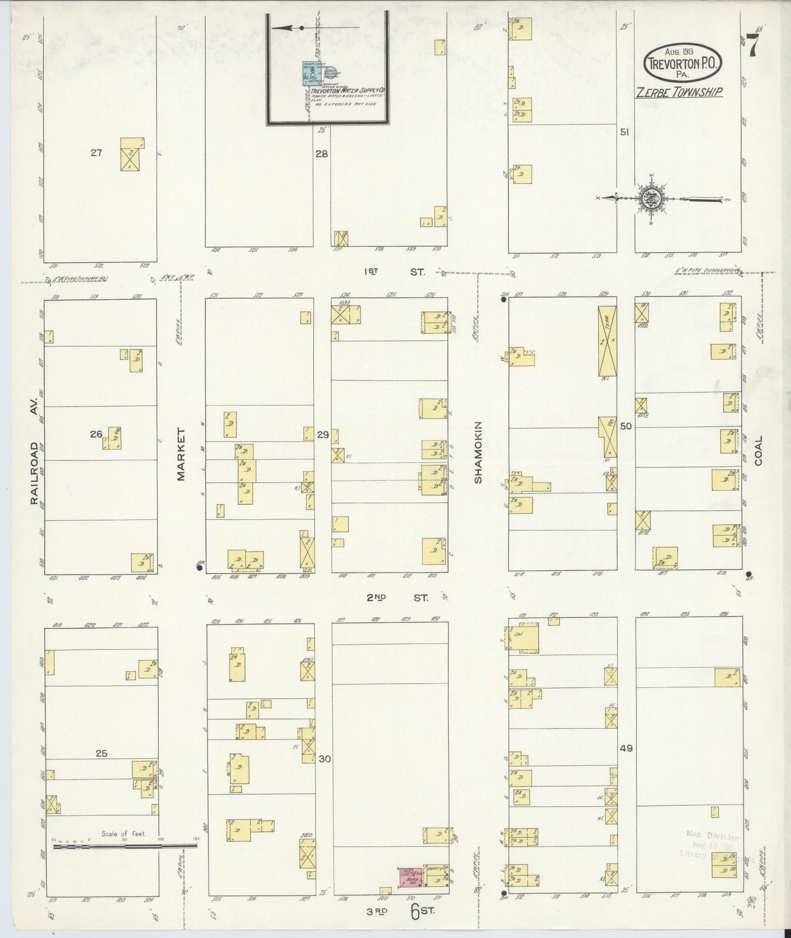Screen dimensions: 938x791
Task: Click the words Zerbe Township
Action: pyautogui.click(x=678, y=92)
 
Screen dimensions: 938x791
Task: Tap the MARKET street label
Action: pyautogui.click(x=181, y=454)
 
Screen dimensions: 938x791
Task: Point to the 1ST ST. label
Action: pyautogui.click(x=396, y=271)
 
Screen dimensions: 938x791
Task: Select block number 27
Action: pyautogui.click(x=96, y=153)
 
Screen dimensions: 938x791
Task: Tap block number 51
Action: pyautogui.click(x=623, y=132)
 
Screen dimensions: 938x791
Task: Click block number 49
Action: pyautogui.click(x=626, y=748)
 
